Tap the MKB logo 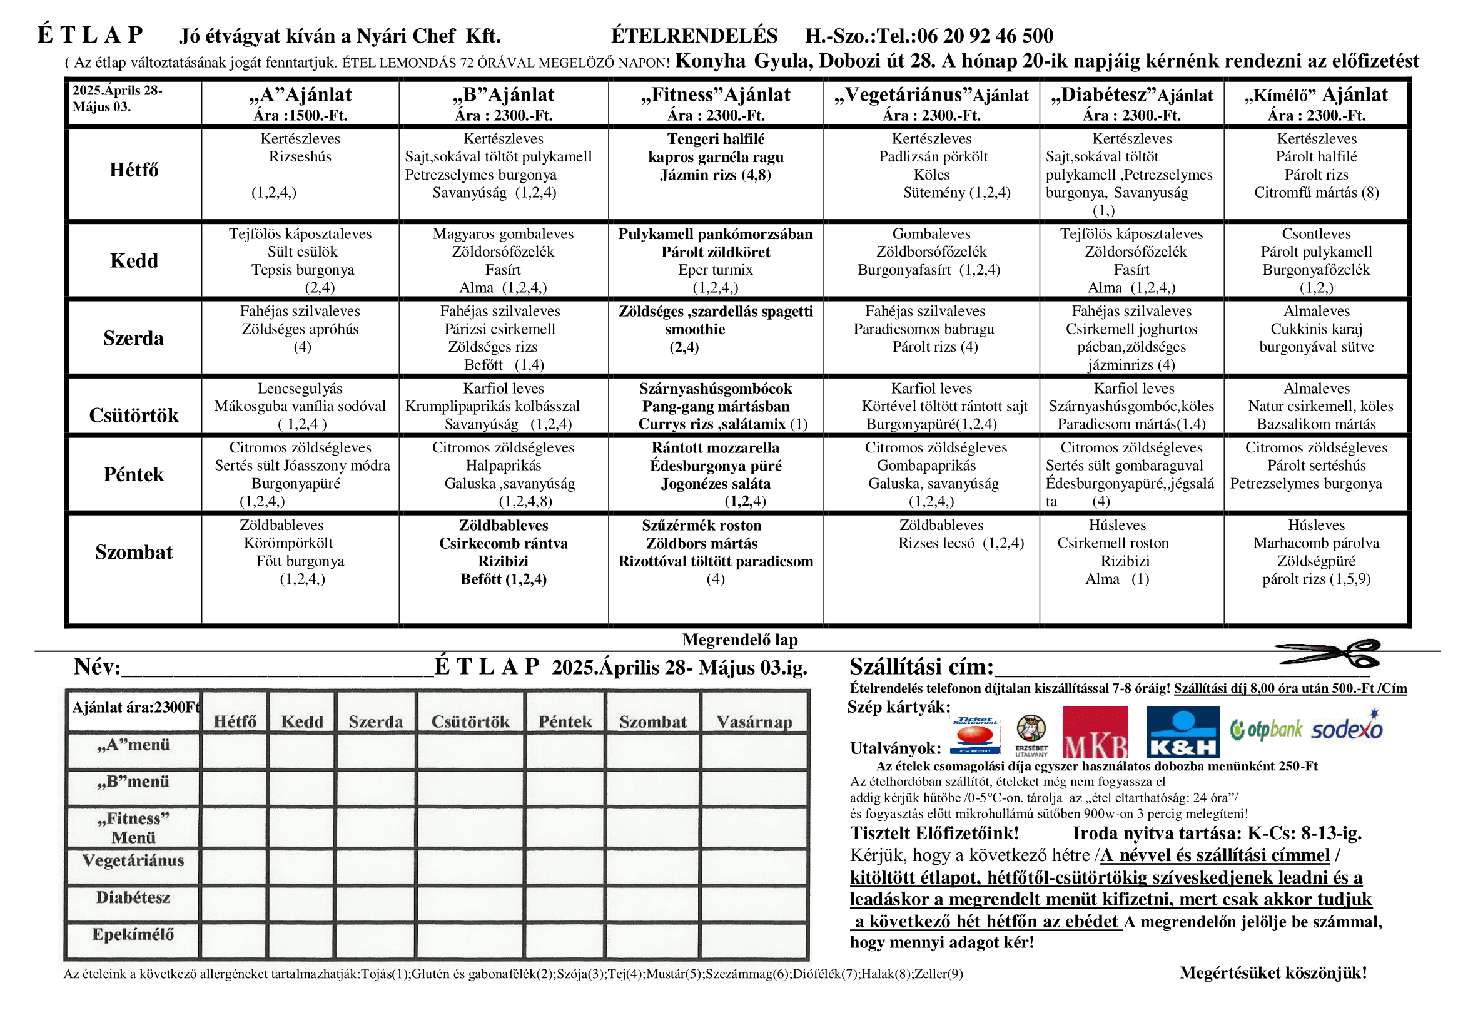point(1095,732)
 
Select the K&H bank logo point(1183,732)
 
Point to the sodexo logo point(1347,728)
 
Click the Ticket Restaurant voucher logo point(974,735)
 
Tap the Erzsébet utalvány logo point(1031,735)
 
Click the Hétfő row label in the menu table point(134,170)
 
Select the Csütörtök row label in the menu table point(134,416)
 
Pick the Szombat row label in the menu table point(134,552)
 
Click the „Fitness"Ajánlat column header point(716,95)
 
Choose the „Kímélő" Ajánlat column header point(1316,95)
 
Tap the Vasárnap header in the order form point(754,721)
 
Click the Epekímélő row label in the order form point(133,934)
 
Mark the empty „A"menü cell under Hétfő point(235,750)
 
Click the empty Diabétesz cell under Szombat point(652,902)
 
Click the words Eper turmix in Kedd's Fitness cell point(715,270)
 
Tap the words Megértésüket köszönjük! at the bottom point(1272,972)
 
